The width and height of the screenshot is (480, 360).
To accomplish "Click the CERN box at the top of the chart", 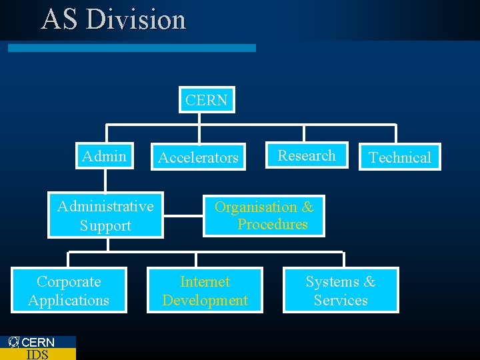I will (x=207, y=100).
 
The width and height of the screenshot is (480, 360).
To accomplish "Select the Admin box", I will (x=105, y=156).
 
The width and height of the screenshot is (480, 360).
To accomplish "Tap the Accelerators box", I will (x=198, y=157).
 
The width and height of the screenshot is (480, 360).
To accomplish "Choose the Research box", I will (x=307, y=155).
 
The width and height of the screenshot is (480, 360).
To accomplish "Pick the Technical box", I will (x=400, y=157).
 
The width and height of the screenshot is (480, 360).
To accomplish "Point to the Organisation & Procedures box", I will (x=264, y=216).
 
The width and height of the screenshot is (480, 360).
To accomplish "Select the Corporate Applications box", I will (x=69, y=291).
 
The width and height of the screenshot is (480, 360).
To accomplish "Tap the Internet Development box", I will (x=205, y=291).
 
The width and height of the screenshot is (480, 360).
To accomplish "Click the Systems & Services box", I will (x=341, y=291).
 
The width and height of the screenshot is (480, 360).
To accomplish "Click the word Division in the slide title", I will (x=136, y=19).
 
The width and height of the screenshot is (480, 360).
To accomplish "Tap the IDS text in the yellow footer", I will (x=37, y=354).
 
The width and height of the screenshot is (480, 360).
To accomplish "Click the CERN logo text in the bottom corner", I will (x=38, y=342).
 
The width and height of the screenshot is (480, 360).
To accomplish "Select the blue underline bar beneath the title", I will (x=131, y=48).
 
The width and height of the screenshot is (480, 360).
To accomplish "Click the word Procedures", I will (x=273, y=224).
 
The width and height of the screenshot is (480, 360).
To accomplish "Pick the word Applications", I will (x=69, y=300).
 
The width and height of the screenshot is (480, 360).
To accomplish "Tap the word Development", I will (x=205, y=300).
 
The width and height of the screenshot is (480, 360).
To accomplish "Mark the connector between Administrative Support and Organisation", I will (x=183, y=215).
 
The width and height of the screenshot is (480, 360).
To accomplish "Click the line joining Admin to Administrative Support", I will (x=105, y=181).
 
